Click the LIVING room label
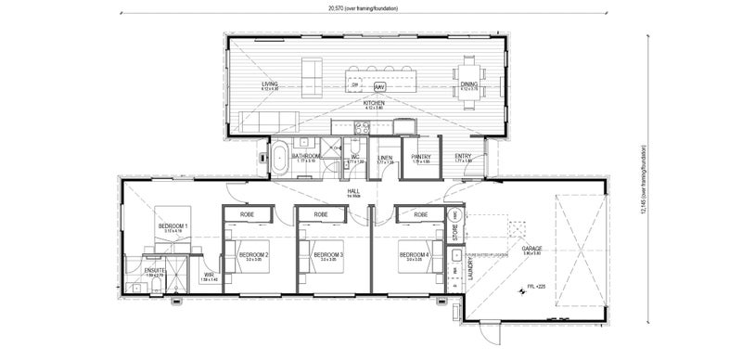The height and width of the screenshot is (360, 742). (x=270, y=84)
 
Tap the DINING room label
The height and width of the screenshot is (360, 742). (x=469, y=85)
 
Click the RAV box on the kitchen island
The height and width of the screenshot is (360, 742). (x=379, y=86)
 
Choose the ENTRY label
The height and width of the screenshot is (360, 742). (x=464, y=157)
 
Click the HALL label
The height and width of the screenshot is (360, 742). (x=353, y=191)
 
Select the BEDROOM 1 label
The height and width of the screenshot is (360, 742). (x=173, y=226)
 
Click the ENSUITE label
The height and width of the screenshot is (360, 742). (x=154, y=270)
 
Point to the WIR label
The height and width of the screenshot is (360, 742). (x=209, y=276)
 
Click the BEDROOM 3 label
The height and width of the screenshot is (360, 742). (x=328, y=254)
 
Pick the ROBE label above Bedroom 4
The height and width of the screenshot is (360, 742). (x=421, y=214)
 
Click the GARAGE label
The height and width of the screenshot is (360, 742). (x=531, y=249)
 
